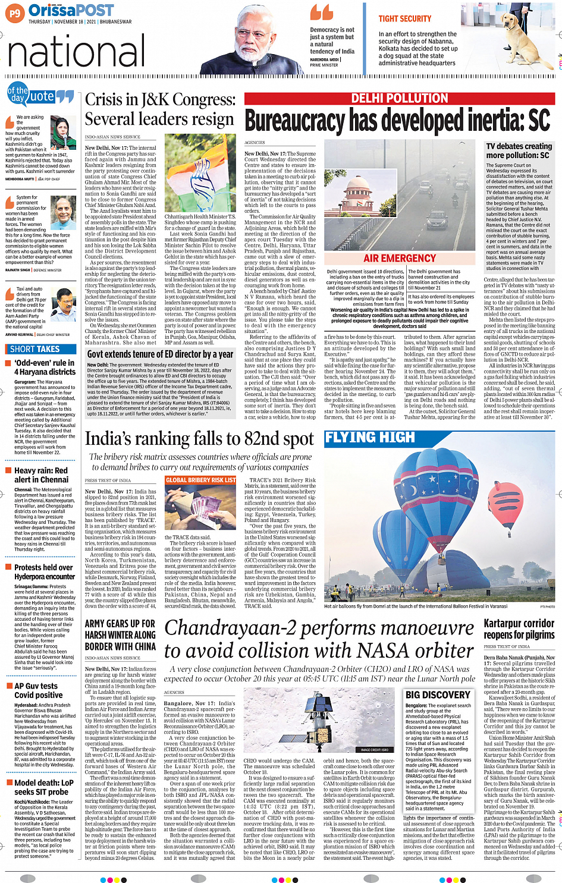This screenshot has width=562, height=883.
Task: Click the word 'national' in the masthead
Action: [76, 52]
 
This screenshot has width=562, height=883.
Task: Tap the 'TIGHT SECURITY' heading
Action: [405, 19]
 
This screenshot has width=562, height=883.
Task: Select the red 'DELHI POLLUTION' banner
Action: [399, 99]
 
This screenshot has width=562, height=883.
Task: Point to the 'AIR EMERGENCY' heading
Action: [400, 258]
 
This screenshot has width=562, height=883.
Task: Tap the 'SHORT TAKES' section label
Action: [35, 349]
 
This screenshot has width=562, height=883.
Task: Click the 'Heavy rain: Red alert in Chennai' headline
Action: [41, 475]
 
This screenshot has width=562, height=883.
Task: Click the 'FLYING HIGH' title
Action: [370, 438]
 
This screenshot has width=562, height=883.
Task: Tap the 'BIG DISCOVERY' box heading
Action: [438, 695]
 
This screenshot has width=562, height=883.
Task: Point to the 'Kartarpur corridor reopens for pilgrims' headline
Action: [519, 629]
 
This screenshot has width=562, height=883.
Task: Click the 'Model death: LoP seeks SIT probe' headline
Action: [43, 787]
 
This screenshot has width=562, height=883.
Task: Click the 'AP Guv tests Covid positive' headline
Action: [36, 690]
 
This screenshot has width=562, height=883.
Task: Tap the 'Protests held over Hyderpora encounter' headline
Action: [45, 572]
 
